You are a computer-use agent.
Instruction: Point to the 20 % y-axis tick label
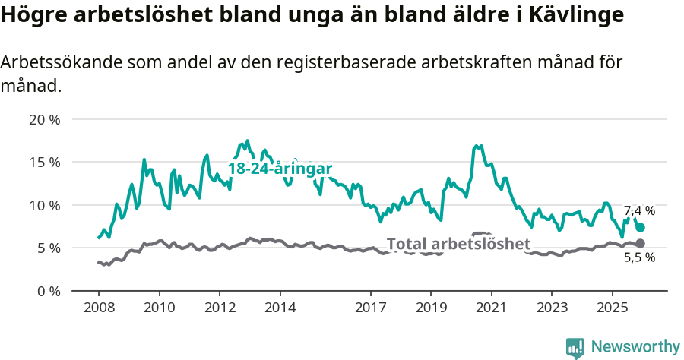click(45, 119)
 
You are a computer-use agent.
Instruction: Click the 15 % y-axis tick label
click(45, 162)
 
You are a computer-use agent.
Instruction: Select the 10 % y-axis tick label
click(45, 205)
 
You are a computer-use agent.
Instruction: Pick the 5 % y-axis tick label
click(49, 248)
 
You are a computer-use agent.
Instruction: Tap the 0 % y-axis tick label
click(49, 291)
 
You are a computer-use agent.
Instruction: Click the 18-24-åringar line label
click(280, 169)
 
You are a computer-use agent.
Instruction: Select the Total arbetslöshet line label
click(458, 244)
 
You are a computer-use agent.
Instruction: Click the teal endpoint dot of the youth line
click(641, 227)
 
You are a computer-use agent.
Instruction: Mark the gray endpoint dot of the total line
click(640, 243)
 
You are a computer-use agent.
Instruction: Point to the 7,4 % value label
click(639, 211)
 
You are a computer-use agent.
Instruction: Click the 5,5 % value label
click(639, 257)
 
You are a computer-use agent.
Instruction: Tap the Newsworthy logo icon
click(575, 348)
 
